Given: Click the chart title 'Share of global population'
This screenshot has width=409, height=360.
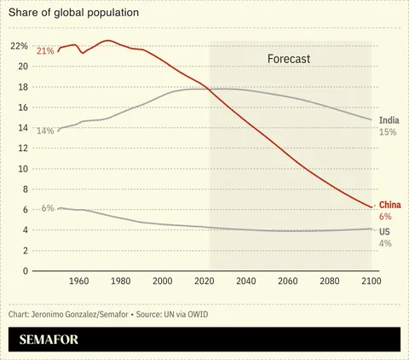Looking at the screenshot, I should (x=73, y=14).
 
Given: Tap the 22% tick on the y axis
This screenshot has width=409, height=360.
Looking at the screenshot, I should (x=19, y=45).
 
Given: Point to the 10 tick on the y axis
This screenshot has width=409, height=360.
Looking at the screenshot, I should (x=22, y=168).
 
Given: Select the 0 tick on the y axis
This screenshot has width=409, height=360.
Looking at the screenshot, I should (x=26, y=270).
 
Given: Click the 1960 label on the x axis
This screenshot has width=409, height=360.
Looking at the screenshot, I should (x=78, y=282).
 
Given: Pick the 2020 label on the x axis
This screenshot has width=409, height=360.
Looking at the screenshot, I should (x=204, y=282).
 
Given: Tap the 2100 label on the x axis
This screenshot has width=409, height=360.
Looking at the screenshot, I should (x=371, y=282).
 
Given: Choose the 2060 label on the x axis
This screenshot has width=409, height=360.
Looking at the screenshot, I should (x=287, y=282).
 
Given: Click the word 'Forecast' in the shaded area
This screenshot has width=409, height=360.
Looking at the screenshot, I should (x=284, y=60).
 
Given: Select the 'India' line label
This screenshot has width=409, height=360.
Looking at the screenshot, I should (x=388, y=120).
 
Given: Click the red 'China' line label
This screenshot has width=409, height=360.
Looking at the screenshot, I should (x=389, y=205).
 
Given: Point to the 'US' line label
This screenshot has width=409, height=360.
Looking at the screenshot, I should (x=384, y=231).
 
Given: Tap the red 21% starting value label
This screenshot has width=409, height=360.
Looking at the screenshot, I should (x=45, y=51).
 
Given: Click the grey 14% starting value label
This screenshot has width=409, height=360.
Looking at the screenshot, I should (x=45, y=131).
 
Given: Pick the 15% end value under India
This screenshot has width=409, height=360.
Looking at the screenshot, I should (x=388, y=132).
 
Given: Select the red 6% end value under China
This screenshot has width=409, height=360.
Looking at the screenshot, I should (x=384, y=217).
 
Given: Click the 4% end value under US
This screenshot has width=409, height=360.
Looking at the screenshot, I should (x=384, y=243).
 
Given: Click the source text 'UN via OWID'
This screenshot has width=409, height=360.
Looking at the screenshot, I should (x=181, y=315).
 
